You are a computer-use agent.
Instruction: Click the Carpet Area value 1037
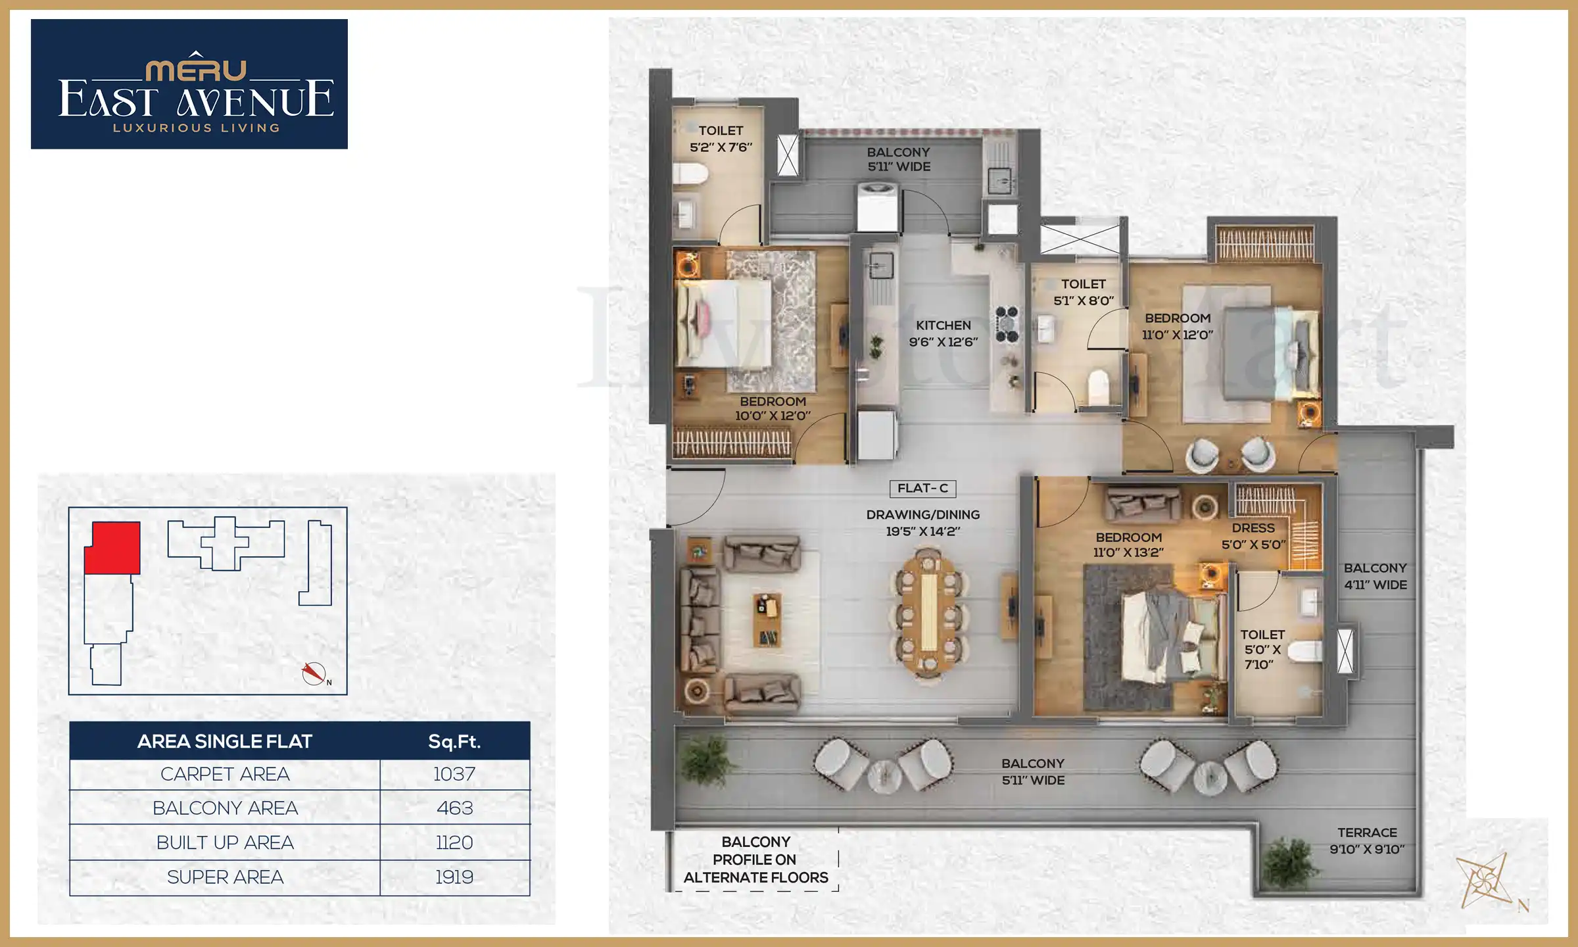tap(454, 774)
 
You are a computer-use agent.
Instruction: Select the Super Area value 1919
tap(454, 877)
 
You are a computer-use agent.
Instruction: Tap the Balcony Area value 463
tap(454, 808)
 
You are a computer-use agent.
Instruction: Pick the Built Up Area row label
tap(225, 842)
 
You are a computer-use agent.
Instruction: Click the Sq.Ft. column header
tap(454, 742)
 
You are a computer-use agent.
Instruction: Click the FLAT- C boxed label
tap(922, 489)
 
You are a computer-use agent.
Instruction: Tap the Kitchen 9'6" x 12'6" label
tap(943, 333)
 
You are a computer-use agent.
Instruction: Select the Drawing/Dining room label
tap(922, 523)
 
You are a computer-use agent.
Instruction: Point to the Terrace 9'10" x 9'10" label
tap(1367, 841)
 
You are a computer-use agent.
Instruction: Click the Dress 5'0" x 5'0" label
tap(1253, 536)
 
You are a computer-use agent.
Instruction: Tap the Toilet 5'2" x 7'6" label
tap(721, 139)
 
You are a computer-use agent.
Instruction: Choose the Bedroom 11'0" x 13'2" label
tap(1128, 545)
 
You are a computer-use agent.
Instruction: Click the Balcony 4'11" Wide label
tap(1375, 576)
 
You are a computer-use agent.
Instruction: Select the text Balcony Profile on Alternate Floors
tap(755, 860)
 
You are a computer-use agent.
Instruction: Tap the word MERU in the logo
tap(196, 70)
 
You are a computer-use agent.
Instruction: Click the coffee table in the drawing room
tap(767, 619)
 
